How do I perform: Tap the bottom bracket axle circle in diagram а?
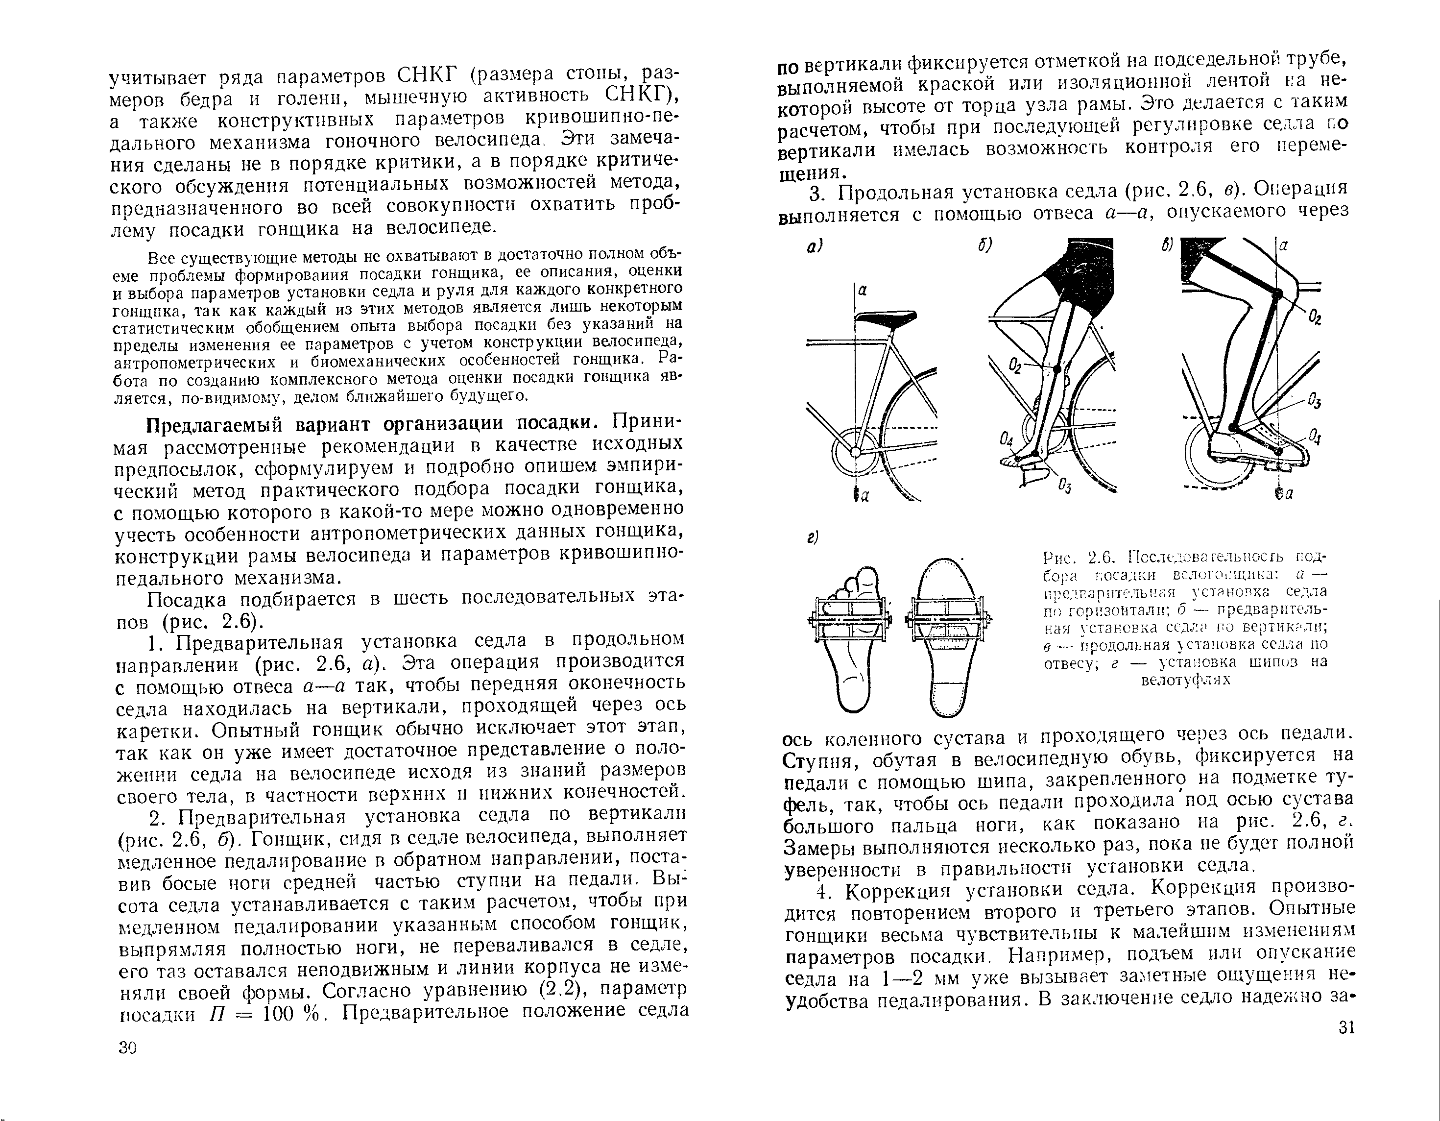click(855, 452)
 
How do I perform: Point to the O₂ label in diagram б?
click(1015, 366)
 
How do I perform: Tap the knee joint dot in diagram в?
click(1277, 293)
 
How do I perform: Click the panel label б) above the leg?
click(985, 246)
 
